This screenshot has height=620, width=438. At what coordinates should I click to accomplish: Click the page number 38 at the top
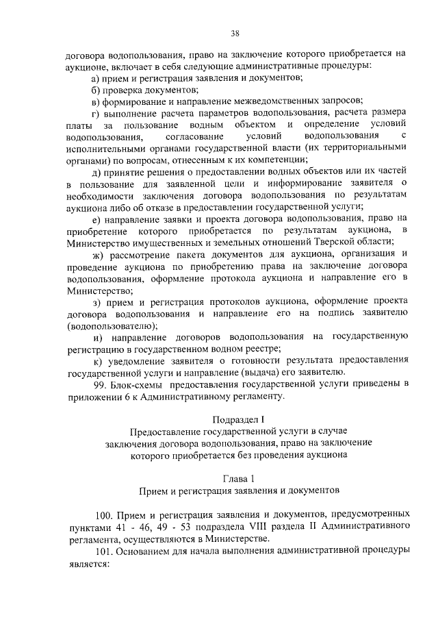pyautogui.click(x=235, y=33)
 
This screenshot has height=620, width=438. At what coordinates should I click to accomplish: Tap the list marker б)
pyautogui.click(x=96, y=89)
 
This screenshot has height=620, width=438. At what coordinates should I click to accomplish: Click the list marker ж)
pyautogui.click(x=97, y=253)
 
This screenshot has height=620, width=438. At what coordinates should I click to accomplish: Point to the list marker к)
pyautogui.click(x=96, y=360)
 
